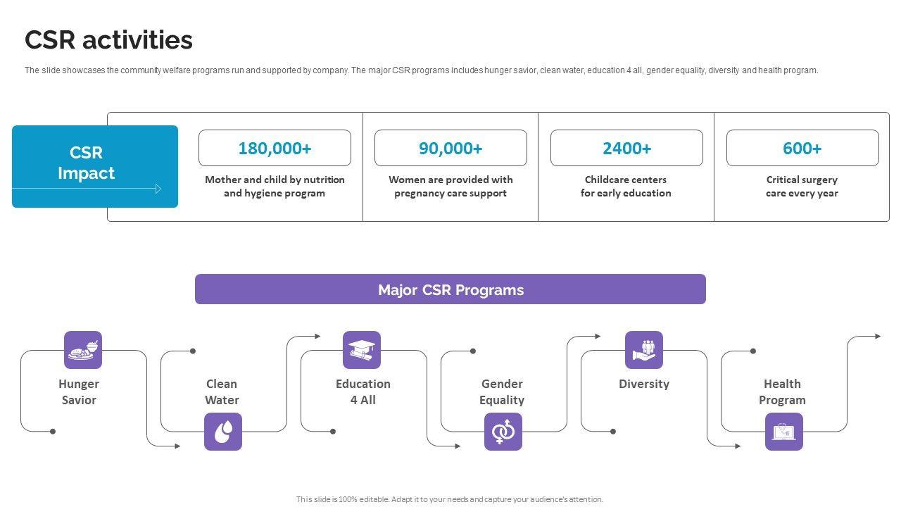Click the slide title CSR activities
tap(108, 40)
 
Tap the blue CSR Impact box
tap(95, 166)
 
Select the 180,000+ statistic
tap(275, 148)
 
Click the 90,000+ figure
tap(450, 148)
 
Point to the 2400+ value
tap(626, 148)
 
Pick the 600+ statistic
tap(802, 148)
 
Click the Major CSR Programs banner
tap(450, 289)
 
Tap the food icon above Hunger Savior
tap(83, 350)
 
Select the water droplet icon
tap(223, 432)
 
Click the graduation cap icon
tap(362, 350)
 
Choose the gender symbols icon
tap(503, 432)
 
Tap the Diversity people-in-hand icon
tap(644, 350)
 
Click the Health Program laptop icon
tap(784, 432)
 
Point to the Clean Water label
tap(222, 392)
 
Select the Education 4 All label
tap(363, 392)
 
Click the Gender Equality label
tap(502, 392)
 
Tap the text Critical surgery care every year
tap(802, 187)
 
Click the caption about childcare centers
tap(626, 187)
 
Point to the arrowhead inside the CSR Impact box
tap(158, 189)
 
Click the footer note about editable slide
tap(450, 499)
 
